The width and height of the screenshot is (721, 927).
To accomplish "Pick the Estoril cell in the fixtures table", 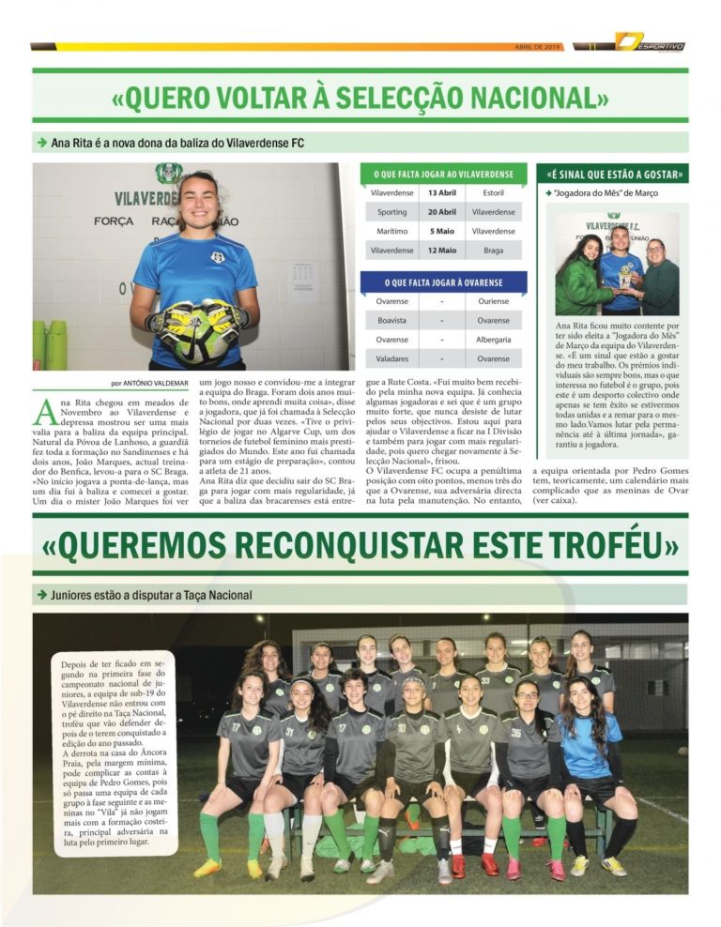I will coord(493,193).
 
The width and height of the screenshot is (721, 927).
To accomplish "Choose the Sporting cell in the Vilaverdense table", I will coord(391,212).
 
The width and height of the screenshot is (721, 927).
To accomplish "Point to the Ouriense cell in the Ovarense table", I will coord(493,301).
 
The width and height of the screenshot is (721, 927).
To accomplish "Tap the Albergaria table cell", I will coord(493,340).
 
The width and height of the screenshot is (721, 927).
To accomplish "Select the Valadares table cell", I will coord(391,358).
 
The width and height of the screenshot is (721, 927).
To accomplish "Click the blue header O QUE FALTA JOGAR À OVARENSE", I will coord(442,281).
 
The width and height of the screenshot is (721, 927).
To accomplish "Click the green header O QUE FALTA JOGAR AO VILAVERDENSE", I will coord(442,174).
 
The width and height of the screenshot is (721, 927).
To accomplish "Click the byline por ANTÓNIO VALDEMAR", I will coord(150,383).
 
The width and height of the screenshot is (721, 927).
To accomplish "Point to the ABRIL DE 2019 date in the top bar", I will coord(538,46).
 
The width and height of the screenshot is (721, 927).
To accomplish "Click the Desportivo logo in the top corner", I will coord(650,43).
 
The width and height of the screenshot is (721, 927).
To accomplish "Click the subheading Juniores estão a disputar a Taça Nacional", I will coord(150,595).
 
